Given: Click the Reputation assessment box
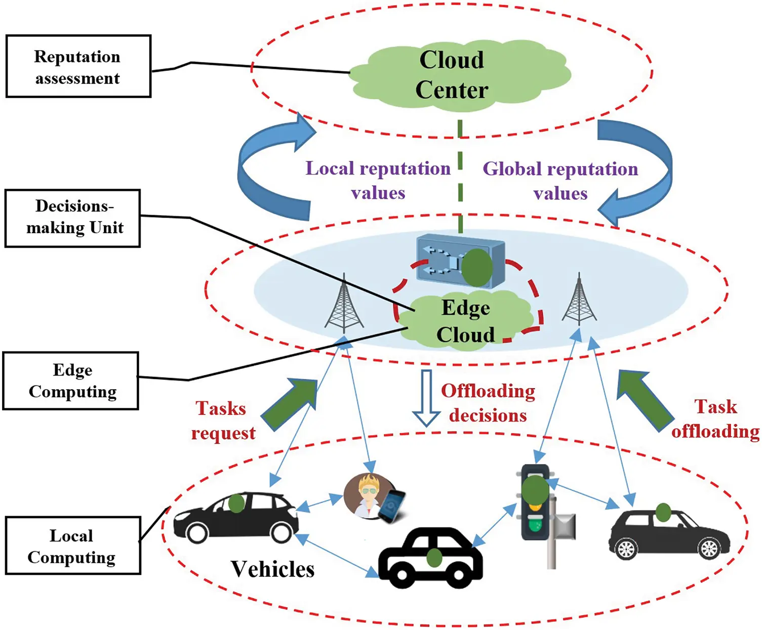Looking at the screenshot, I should click(78, 66).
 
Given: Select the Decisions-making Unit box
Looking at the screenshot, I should click(72, 218).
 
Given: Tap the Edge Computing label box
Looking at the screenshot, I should click(71, 381).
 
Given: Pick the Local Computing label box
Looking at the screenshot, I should click(72, 545).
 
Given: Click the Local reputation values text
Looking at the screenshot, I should click(378, 180).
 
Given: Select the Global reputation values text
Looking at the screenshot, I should click(560, 181).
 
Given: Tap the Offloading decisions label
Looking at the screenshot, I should click(488, 403).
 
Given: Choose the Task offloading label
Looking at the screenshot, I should click(715, 418).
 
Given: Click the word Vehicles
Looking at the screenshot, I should click(272, 569).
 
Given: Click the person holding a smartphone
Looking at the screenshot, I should click(374, 498).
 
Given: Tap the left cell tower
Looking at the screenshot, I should click(344, 304).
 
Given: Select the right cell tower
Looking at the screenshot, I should click(579, 300).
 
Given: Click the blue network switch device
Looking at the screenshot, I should click(460, 262).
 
